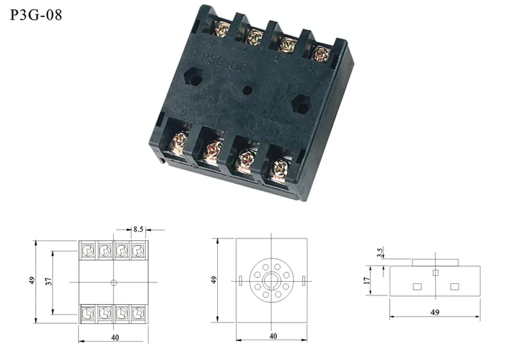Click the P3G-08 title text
[x=36, y=15]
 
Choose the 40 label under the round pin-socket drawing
[x=273, y=336]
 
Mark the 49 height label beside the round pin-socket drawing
[x=214, y=280]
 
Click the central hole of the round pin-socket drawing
[x=273, y=281]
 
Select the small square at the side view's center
[x=436, y=272]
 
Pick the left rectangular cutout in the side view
[x=417, y=286]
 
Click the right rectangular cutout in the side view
[x=454, y=286]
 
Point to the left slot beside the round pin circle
[x=241, y=281]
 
